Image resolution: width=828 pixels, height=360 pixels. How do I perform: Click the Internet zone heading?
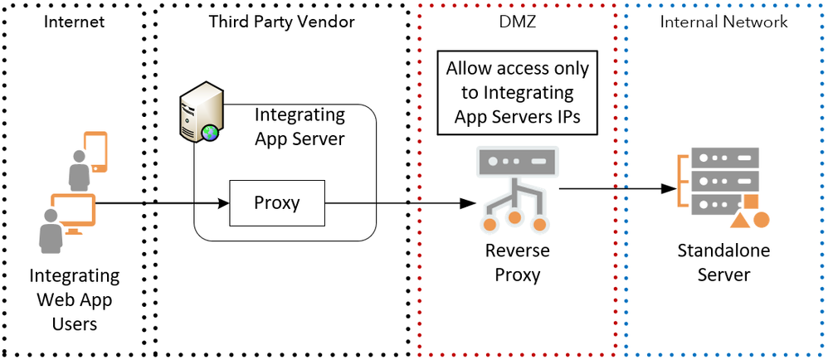[x=74, y=22]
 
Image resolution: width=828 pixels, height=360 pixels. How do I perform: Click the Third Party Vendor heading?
[x=282, y=22]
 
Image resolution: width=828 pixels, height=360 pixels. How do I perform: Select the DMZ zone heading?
[x=517, y=22]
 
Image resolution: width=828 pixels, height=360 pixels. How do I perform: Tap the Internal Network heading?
[x=723, y=22]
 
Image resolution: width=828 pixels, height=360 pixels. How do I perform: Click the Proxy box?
[x=276, y=203]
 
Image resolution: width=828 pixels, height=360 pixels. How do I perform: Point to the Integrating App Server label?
[x=300, y=127]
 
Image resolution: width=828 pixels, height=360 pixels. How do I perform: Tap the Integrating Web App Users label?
[x=75, y=299]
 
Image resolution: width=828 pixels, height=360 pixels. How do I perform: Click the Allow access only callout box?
[x=517, y=94]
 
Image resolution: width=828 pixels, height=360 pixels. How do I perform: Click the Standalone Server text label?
[x=723, y=263]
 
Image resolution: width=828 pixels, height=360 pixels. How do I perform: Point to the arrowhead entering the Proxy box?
[x=223, y=203]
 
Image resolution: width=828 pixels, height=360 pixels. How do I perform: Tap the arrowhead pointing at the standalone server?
[x=667, y=189]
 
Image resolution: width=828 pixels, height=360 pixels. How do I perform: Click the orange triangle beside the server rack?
[x=738, y=221]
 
